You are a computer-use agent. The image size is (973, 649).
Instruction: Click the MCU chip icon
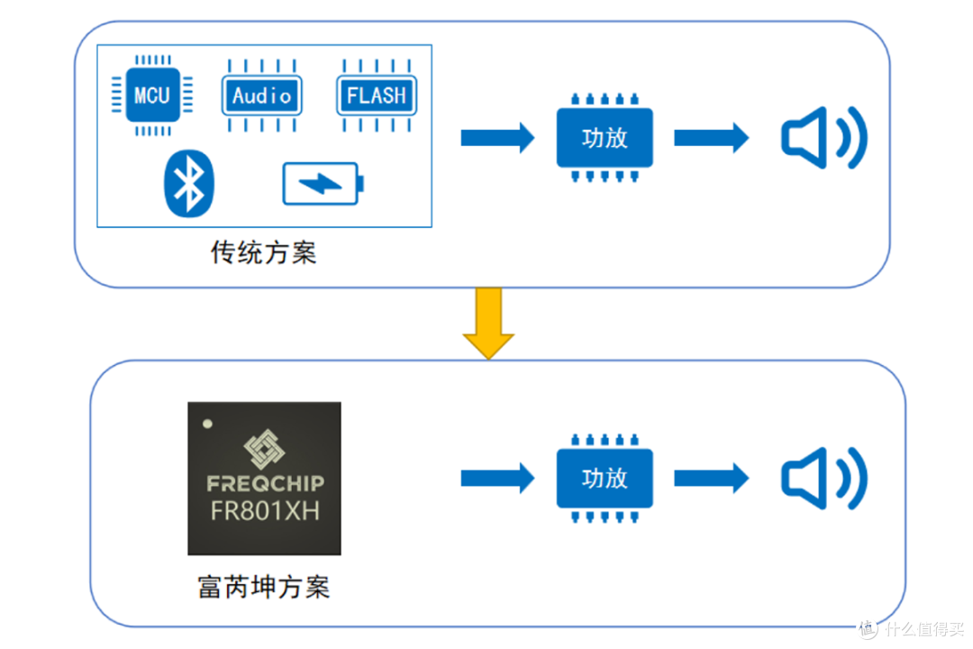point(151,95)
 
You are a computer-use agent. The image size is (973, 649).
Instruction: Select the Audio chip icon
point(262,96)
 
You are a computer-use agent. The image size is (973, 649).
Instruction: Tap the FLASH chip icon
point(377,96)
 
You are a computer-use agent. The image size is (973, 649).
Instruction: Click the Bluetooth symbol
point(189,183)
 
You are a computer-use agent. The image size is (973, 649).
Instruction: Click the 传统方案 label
point(264,251)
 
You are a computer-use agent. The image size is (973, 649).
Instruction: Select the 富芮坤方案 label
point(264,588)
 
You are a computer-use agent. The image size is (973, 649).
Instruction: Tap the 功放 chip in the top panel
point(605,138)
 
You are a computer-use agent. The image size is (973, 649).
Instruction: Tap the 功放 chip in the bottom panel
point(605,478)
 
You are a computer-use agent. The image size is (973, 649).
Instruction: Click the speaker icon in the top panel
point(823,139)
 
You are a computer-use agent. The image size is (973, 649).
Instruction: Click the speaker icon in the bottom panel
point(823,479)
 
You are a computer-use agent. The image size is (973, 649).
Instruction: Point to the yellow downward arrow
point(488,323)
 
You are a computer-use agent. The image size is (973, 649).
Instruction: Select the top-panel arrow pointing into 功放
point(497,138)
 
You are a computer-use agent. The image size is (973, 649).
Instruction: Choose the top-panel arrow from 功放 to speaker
point(711,138)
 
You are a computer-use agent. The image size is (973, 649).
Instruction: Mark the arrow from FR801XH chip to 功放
point(497,479)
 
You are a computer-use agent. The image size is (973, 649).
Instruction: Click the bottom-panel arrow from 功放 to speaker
point(711,479)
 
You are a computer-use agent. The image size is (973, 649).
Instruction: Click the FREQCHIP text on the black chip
point(264,483)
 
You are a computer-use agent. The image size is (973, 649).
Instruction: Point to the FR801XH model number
point(264,511)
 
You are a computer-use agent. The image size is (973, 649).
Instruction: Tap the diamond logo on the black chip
point(264,449)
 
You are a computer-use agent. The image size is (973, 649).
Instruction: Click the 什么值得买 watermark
point(911,627)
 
